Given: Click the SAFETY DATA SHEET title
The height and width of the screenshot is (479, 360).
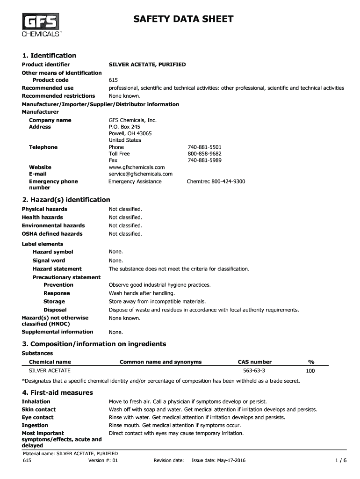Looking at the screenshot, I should pyautogui.click(x=183, y=19).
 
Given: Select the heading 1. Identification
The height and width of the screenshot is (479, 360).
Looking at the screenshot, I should pyautogui.click(x=49, y=56).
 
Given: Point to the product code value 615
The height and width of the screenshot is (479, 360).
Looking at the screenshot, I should pyautogui.click(x=113, y=80).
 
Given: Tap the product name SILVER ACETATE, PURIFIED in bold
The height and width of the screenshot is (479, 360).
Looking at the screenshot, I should pyautogui.click(x=147, y=64).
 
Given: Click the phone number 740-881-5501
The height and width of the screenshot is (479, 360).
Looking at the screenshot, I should pyautogui.click(x=204, y=147).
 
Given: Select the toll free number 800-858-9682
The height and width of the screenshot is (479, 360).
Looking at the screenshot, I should pyautogui.click(x=204, y=153).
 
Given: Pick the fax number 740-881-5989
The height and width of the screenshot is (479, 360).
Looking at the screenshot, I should pyautogui.click(x=204, y=160).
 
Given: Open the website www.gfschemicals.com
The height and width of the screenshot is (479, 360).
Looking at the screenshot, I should pyautogui.click(x=137, y=167).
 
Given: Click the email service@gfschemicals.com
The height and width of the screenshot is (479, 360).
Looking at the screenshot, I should pyautogui.click(x=141, y=174).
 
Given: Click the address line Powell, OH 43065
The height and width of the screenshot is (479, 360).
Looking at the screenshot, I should pyautogui.click(x=130, y=133).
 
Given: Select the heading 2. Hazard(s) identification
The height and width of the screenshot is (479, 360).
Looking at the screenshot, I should pyautogui.click(x=66, y=200).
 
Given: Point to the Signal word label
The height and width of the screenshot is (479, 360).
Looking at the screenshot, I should pyautogui.click(x=49, y=261).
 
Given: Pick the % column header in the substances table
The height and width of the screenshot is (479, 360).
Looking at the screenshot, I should pyautogui.click(x=311, y=362).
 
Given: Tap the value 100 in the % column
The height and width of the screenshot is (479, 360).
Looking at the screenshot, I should pyautogui.click(x=310, y=371).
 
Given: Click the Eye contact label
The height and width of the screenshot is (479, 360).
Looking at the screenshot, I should pyautogui.click(x=37, y=417).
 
